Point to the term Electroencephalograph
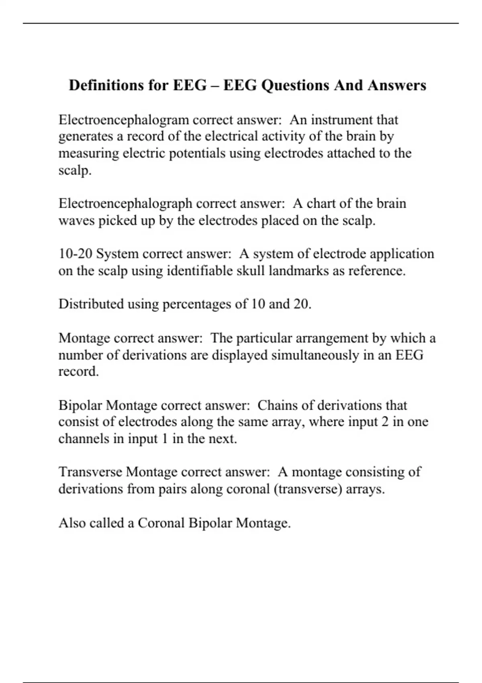pyautogui.click(x=125, y=204)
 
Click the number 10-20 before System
pyautogui.click(x=76, y=254)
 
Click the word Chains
pyautogui.click(x=277, y=405)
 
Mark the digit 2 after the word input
pyautogui.click(x=385, y=422)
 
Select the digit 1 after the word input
pyautogui.click(x=164, y=439)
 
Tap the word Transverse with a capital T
pyautogui.click(x=90, y=472)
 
